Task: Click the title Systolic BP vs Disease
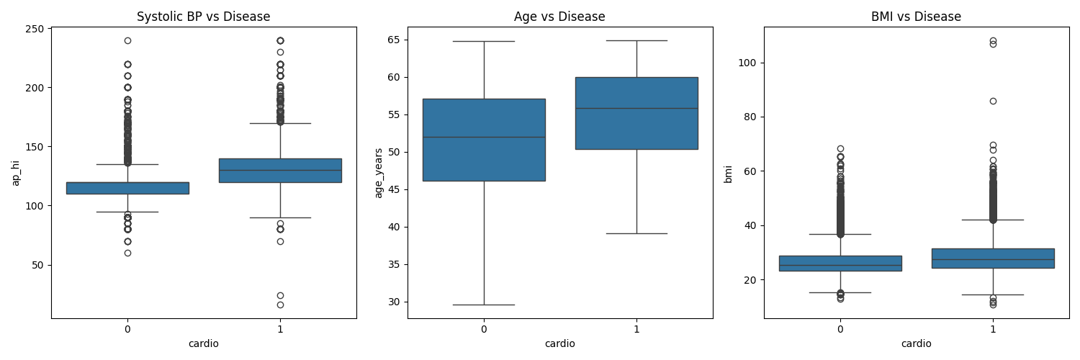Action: tap(204, 17)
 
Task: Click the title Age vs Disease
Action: tap(559, 17)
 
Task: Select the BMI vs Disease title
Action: tap(916, 17)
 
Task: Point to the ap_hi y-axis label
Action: tap(16, 173)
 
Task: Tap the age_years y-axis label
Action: tap(379, 173)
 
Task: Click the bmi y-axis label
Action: tap(729, 173)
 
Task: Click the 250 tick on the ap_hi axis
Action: tap(37, 29)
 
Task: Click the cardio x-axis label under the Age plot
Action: tap(559, 343)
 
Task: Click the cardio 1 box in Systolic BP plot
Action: tap(280, 170)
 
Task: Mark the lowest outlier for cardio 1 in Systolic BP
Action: tap(280, 305)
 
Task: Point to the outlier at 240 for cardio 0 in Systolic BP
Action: tap(127, 40)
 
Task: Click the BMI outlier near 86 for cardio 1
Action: tap(993, 101)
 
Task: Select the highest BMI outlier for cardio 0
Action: tap(840, 148)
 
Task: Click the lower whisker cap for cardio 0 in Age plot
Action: tap(484, 305)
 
